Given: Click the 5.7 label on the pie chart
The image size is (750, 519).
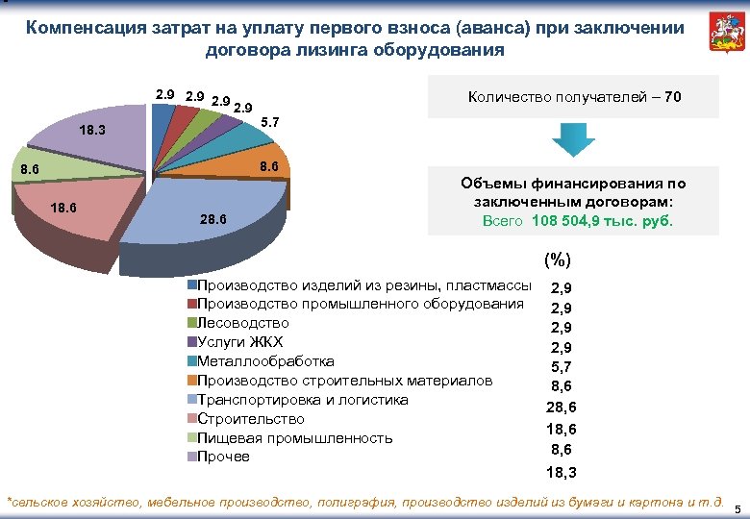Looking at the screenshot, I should tap(271, 123).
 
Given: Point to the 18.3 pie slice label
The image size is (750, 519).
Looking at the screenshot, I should tap(93, 130).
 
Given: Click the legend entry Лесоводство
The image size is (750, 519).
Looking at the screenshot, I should tap(242, 323).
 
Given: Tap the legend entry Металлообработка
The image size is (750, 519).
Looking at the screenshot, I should tap(265, 361).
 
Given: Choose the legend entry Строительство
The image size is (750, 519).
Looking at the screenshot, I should tap(250, 419).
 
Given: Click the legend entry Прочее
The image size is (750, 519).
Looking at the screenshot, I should tap(223, 457).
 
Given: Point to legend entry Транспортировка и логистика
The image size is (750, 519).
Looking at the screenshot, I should tap(302, 400).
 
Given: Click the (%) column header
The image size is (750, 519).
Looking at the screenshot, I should tap(557, 259).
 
